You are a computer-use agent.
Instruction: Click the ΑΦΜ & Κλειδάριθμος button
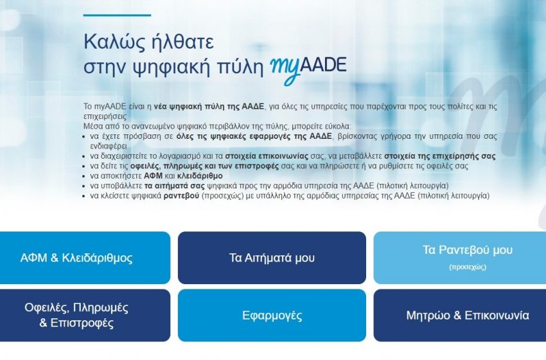pyautogui.click(x=85, y=258)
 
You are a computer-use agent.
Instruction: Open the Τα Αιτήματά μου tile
pyautogui.click(x=272, y=258)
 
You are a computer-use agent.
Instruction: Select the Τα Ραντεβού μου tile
pyautogui.click(x=459, y=250)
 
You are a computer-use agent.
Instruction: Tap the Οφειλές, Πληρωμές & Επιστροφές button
pyautogui.click(x=85, y=315)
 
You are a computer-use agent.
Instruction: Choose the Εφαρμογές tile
pyautogui.click(x=272, y=316)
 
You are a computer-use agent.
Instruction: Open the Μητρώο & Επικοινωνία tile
pyautogui.click(x=459, y=316)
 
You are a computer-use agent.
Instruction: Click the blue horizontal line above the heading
pyautogui.click(x=118, y=14)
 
